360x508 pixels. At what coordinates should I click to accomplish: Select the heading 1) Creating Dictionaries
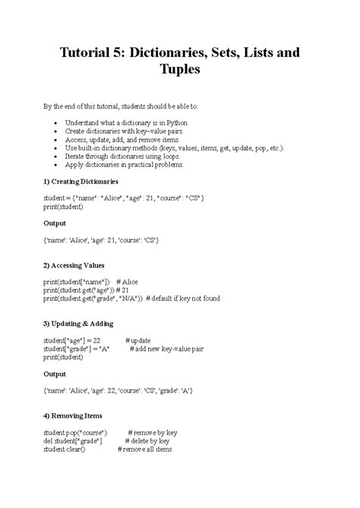tap(81, 182)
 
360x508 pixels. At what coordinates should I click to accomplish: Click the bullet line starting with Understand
tap(123, 122)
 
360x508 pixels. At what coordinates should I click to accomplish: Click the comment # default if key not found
tap(182, 298)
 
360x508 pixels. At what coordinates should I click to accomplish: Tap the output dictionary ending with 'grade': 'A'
tap(118, 390)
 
